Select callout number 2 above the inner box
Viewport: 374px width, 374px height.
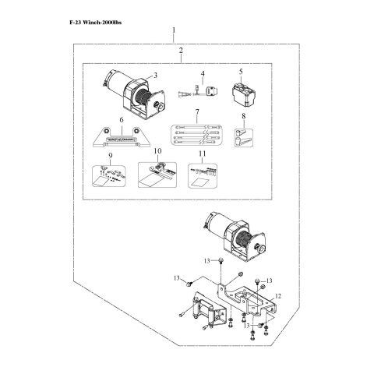[181, 51]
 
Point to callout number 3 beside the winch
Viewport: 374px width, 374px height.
[155, 76]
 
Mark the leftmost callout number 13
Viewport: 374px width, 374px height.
[178, 278]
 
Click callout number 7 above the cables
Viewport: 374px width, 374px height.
[198, 113]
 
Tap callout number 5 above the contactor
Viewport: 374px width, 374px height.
[241, 72]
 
